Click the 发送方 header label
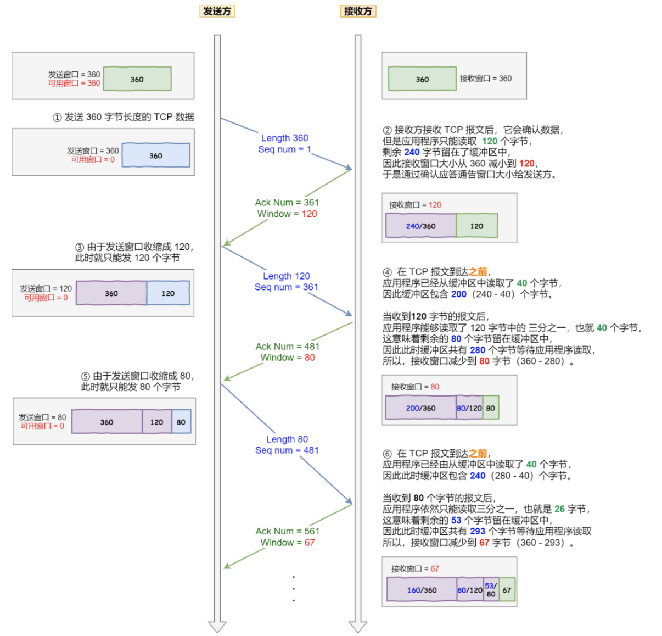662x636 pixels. click(217, 11)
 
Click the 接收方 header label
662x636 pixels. click(358, 11)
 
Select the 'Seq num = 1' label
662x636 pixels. click(284, 149)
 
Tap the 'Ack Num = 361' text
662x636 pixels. click(287, 203)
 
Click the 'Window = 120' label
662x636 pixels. click(287, 214)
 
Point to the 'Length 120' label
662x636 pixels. click(287, 276)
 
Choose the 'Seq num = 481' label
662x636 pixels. click(287, 450)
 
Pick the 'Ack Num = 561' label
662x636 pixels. click(287, 531)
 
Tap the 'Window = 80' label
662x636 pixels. click(287, 358)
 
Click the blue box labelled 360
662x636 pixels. click(155, 155)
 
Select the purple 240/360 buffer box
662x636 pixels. click(420, 226)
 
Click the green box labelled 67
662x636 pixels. click(507, 590)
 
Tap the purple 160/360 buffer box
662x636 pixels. click(422, 590)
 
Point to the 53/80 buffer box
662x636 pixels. click(491, 590)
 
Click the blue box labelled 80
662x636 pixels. click(181, 422)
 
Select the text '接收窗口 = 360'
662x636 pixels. click(485, 79)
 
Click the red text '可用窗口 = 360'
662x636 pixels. click(74, 83)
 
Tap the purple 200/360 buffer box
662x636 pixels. click(420, 408)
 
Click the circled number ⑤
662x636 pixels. click(86, 376)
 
